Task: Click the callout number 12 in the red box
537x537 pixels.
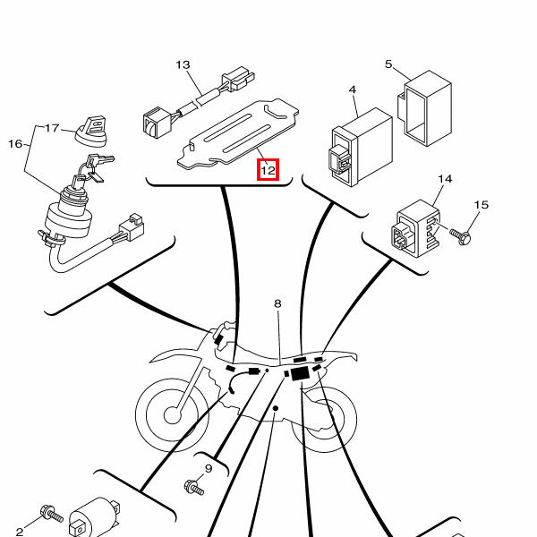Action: pos(268,170)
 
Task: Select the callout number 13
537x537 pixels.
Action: pos(183,64)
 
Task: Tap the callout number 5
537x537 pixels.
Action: pos(388,64)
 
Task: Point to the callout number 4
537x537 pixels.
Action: pos(353,89)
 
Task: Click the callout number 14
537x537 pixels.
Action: pos(445,179)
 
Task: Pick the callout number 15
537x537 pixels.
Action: pos(481,205)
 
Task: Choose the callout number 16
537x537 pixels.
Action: pos(15,144)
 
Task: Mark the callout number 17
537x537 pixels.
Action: pos(52,128)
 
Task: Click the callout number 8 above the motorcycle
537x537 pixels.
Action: pos(277,303)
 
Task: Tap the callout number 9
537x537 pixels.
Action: pos(209,468)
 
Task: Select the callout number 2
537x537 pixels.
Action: pos(20,532)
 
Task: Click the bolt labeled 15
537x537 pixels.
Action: pos(460,236)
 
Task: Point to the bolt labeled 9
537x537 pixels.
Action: pos(194,488)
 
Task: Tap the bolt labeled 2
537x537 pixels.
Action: pos(52,514)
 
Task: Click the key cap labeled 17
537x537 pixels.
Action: pos(92,132)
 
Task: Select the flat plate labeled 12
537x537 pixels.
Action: pos(238,134)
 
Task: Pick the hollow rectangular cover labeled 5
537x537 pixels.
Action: pos(424,108)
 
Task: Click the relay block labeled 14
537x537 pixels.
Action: pos(416,228)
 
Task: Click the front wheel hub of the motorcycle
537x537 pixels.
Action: pos(172,415)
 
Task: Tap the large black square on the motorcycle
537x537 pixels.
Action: pos(300,373)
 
